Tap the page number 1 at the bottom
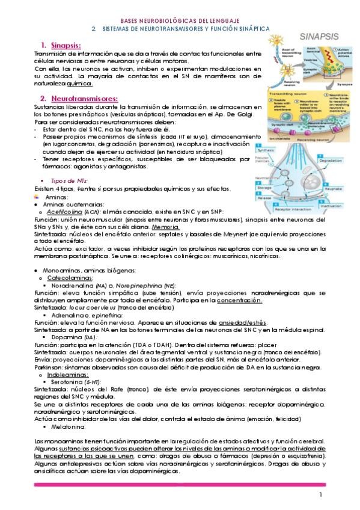(321, 494)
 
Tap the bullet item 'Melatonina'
(72, 427)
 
